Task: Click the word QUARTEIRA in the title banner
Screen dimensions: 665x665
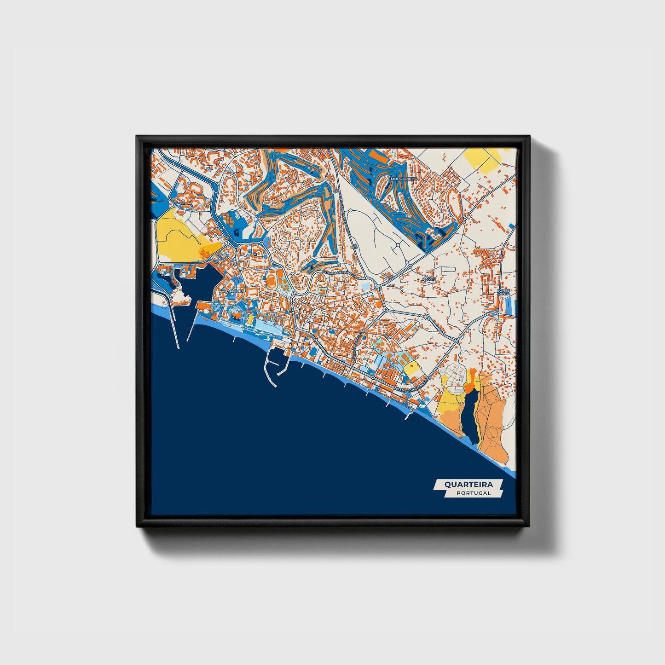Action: (x=468, y=485)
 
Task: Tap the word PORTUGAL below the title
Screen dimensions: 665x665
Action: (x=474, y=493)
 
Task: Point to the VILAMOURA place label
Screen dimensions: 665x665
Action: (x=233, y=291)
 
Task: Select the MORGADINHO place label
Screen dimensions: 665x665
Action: (x=403, y=178)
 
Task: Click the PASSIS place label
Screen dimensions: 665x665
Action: (x=429, y=279)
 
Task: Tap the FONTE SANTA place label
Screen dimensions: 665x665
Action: (x=504, y=292)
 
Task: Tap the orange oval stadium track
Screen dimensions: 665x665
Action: (x=271, y=279)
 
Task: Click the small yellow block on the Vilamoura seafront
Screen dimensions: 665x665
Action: (x=250, y=319)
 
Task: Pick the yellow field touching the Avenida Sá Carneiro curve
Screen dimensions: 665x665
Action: (x=411, y=368)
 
